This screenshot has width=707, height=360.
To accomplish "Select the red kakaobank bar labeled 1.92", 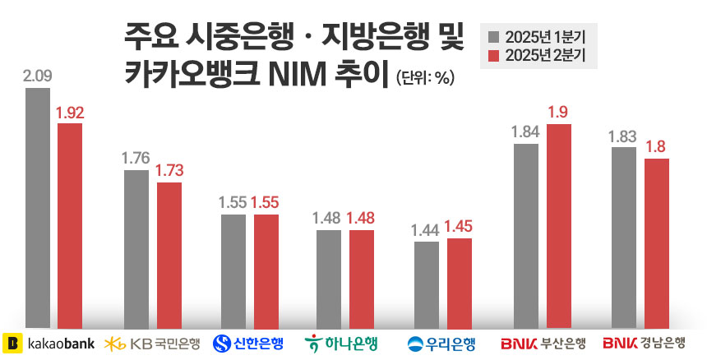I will pyautogui.click(x=69, y=226).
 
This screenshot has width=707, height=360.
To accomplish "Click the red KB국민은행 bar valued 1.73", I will pyautogui.click(x=169, y=256).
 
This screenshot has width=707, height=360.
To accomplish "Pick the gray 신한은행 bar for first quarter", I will pyautogui.click(x=233, y=271).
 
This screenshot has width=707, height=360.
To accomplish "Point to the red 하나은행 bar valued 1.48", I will pyautogui.click(x=362, y=279).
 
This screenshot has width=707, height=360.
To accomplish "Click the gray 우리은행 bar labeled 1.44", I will pyautogui.click(x=426, y=284).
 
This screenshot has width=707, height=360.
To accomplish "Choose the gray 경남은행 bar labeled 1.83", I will pyautogui.click(x=623, y=238).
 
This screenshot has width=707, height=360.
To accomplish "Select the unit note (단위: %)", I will pyautogui.click(x=425, y=79).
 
